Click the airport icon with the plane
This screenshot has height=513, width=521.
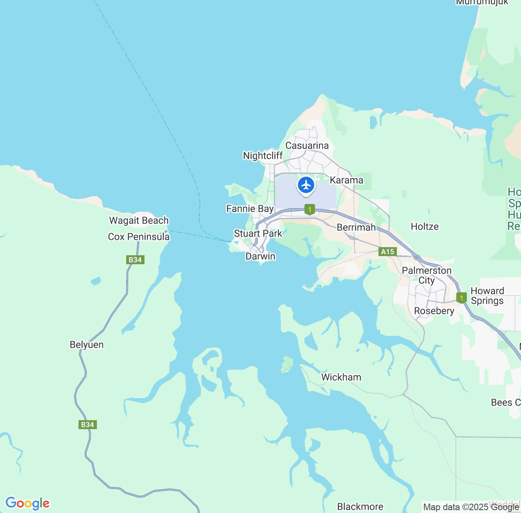click(x=306, y=186)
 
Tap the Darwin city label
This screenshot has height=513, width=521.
click(x=260, y=256)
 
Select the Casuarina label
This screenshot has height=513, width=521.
click(x=307, y=146)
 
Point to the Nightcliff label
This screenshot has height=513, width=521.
click(x=263, y=156)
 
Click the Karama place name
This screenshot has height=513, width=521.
click(x=346, y=180)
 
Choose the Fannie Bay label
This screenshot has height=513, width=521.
click(x=250, y=209)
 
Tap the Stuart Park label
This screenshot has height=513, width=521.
click(x=258, y=233)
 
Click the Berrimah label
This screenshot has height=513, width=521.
click(x=356, y=227)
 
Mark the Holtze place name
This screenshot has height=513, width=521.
click(x=425, y=227)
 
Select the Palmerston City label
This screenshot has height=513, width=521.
click(x=427, y=275)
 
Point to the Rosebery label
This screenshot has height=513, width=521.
click(x=434, y=311)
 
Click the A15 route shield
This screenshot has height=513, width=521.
click(x=387, y=252)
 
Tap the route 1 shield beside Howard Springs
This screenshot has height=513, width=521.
click(x=461, y=298)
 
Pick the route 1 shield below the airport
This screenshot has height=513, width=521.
click(x=310, y=210)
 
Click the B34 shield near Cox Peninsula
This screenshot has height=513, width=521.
click(x=135, y=260)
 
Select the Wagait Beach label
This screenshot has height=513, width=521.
click(x=139, y=221)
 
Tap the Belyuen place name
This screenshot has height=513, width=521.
click(x=87, y=345)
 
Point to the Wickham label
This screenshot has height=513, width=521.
click(x=341, y=377)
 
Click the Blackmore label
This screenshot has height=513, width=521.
click(x=360, y=506)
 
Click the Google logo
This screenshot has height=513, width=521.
click(x=27, y=503)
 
